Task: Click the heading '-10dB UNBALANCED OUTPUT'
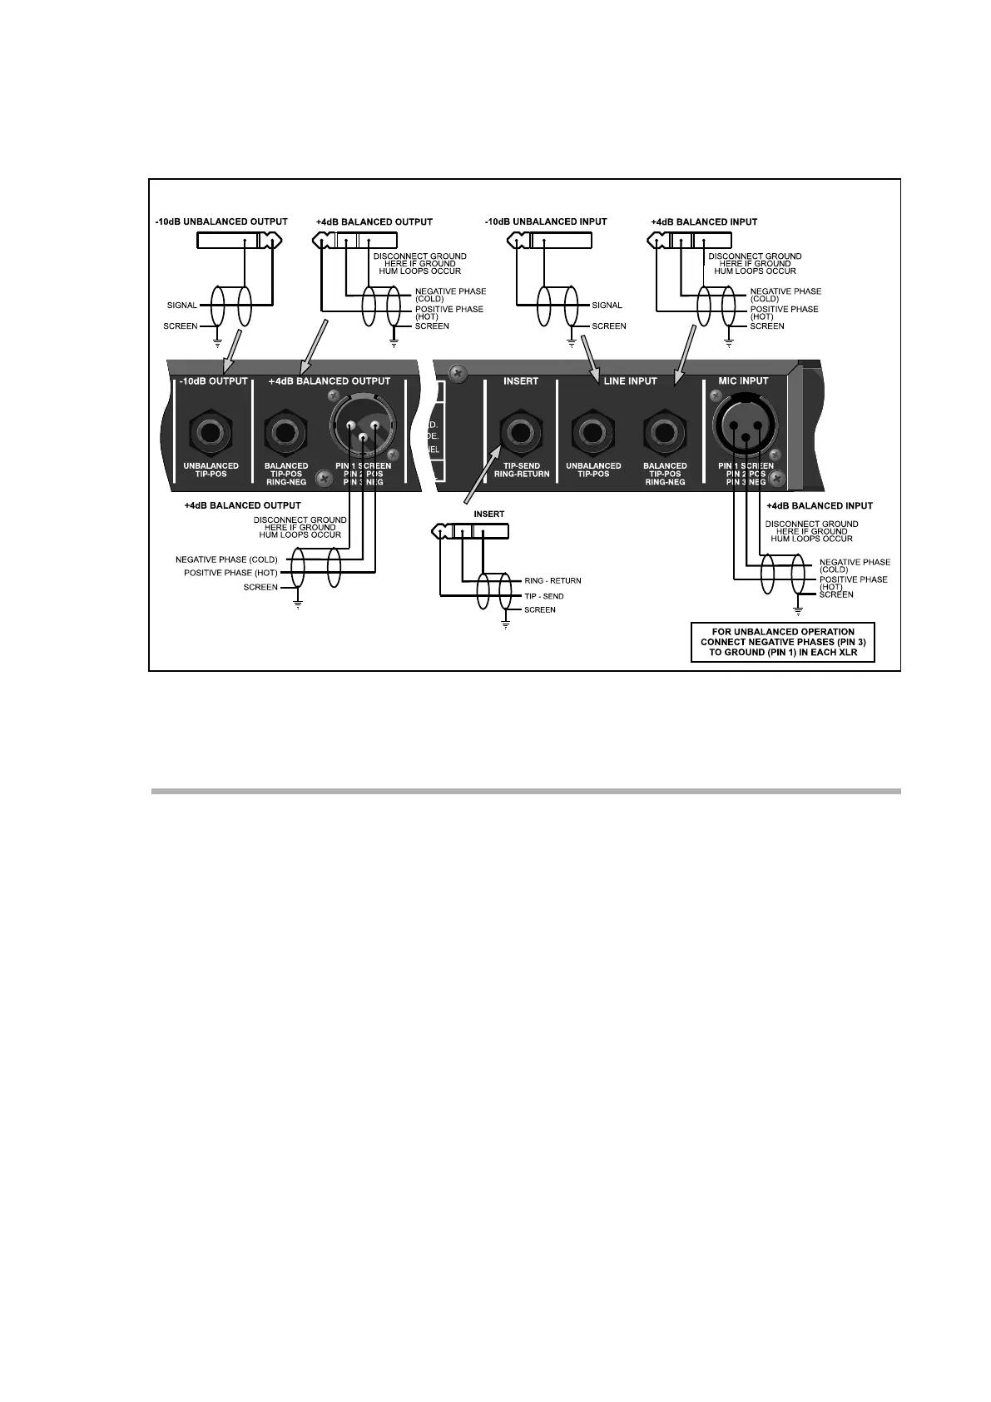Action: tap(221, 221)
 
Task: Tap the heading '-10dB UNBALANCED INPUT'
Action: tap(546, 221)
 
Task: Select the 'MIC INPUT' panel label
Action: tap(743, 381)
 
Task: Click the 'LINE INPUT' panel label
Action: tap(630, 381)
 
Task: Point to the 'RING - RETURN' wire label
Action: tap(552, 580)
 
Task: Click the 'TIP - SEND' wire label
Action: tap(543, 596)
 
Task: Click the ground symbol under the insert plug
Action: tap(505, 624)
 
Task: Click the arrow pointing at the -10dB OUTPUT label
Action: tap(230, 351)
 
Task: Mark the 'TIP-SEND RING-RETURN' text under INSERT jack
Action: tap(522, 470)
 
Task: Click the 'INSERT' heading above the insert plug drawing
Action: tap(489, 514)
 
